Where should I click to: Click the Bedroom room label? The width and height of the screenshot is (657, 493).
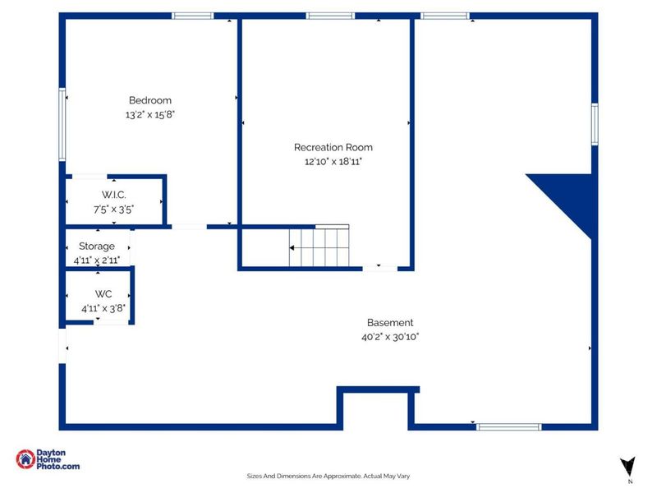pyautogui.click(x=150, y=100)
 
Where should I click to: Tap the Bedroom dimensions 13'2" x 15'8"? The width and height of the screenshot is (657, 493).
pyautogui.click(x=150, y=114)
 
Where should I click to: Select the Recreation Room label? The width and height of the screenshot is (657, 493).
pyautogui.click(x=333, y=147)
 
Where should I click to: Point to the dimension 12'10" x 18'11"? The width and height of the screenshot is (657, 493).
pyautogui.click(x=333, y=161)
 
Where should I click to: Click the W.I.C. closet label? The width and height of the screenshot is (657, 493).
pyautogui.click(x=113, y=195)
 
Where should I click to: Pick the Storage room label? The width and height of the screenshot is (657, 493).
pyautogui.click(x=97, y=246)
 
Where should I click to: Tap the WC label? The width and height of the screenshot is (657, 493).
pyautogui.click(x=103, y=294)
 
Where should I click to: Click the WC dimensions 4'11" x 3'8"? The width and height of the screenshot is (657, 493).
pyautogui.click(x=103, y=309)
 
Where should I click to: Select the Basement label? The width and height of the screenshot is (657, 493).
pyautogui.click(x=390, y=322)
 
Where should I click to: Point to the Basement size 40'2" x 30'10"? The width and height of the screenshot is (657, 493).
pyautogui.click(x=390, y=337)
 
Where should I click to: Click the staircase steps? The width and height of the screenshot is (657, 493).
pyautogui.click(x=319, y=246)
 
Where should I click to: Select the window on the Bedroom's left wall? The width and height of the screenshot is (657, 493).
pyautogui.click(x=62, y=124)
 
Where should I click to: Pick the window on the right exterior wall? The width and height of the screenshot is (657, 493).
pyautogui.click(x=595, y=124)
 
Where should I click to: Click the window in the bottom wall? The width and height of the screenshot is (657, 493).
pyautogui.click(x=508, y=426)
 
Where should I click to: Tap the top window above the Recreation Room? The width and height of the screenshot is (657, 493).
pyautogui.click(x=330, y=16)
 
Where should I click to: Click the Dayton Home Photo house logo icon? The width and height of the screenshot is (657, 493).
pyautogui.click(x=25, y=459)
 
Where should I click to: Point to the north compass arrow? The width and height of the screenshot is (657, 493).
pyautogui.click(x=627, y=466)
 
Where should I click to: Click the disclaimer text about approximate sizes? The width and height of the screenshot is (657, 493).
pyautogui.click(x=328, y=476)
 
